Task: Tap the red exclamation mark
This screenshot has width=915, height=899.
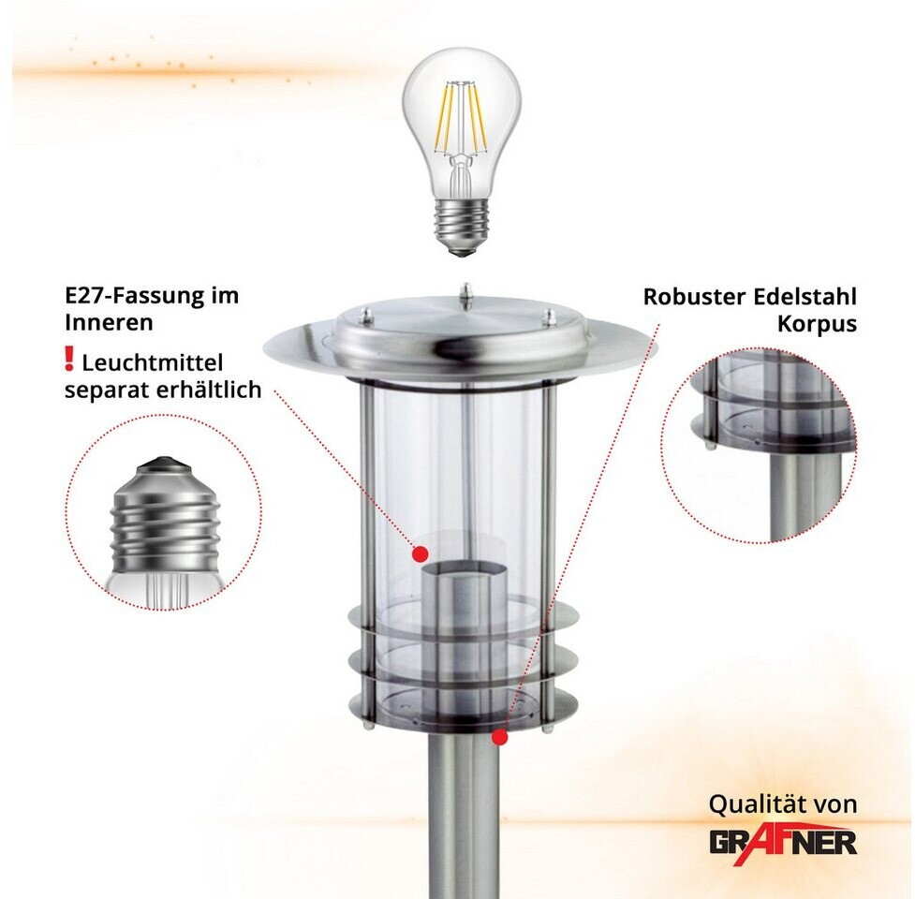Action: (x=69, y=359)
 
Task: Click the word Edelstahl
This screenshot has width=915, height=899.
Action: (x=804, y=296)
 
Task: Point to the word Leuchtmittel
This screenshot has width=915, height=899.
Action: (x=153, y=362)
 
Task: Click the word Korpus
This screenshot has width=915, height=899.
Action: (x=817, y=324)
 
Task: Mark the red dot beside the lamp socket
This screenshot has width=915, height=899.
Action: (x=421, y=553)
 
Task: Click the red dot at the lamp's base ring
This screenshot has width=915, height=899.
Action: (x=499, y=738)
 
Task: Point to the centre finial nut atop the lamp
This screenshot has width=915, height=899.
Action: (x=465, y=295)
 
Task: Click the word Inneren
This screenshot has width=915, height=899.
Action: (x=110, y=323)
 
